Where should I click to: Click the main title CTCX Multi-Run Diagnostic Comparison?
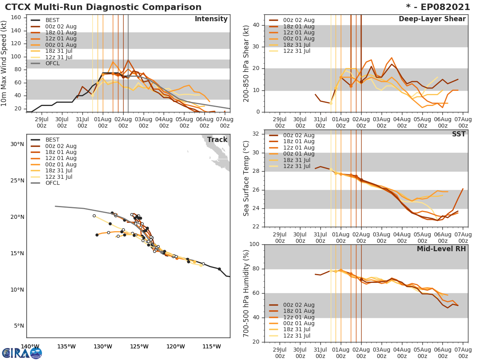point(103,7)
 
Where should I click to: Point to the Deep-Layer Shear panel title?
point(432,19)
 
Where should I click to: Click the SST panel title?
point(458,134)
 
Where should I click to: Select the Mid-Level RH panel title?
point(441,249)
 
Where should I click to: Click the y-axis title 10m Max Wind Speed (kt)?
point(4,63)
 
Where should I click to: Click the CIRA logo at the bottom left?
point(22,353)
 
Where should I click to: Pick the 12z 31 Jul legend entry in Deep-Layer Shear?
point(296,51)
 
